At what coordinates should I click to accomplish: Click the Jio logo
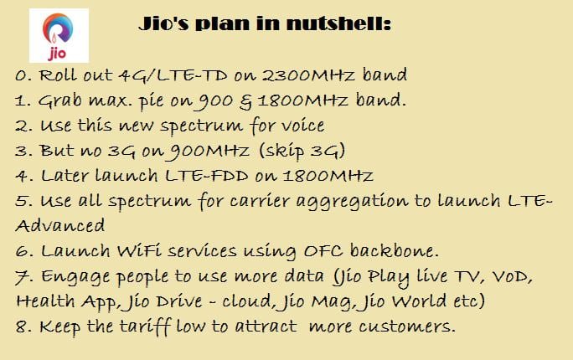(x=59, y=36)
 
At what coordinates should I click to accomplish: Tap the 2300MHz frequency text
(x=309, y=75)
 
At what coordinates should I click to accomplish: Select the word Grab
(x=60, y=100)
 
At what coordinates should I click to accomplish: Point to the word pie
(x=151, y=101)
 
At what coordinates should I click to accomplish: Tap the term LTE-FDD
(x=207, y=176)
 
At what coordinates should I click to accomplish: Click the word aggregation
(x=352, y=202)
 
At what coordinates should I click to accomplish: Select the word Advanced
(x=60, y=226)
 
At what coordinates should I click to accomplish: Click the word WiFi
(x=139, y=251)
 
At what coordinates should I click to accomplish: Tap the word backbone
(x=395, y=250)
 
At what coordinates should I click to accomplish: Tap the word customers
(x=407, y=327)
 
